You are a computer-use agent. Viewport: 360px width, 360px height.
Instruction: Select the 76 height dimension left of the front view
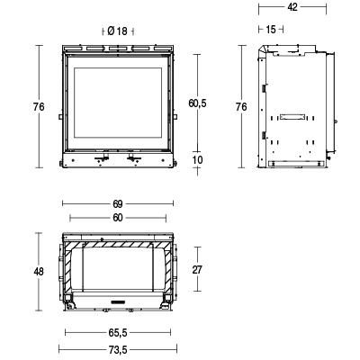point(38,106)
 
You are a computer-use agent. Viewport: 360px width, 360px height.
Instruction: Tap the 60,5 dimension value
point(197,103)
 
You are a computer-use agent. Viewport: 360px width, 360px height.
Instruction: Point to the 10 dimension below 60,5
point(197,160)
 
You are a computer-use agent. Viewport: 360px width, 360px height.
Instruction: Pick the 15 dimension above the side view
point(270,30)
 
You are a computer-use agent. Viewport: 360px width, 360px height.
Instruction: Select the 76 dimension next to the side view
point(240,106)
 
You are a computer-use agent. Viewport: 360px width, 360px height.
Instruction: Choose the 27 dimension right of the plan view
point(197,267)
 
